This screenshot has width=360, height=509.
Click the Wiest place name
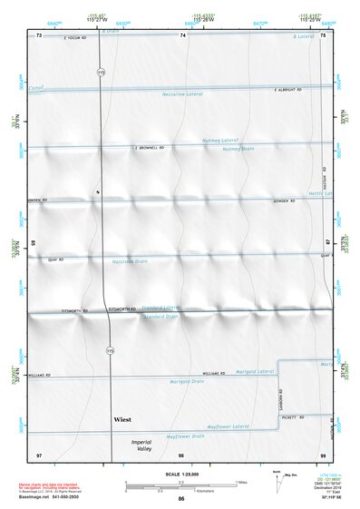[122, 420]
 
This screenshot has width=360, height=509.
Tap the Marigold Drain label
[187, 382]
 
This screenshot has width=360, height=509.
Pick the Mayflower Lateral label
[228, 426]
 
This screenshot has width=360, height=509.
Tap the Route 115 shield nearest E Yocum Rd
[102, 70]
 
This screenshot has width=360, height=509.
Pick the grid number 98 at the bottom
[181, 454]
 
